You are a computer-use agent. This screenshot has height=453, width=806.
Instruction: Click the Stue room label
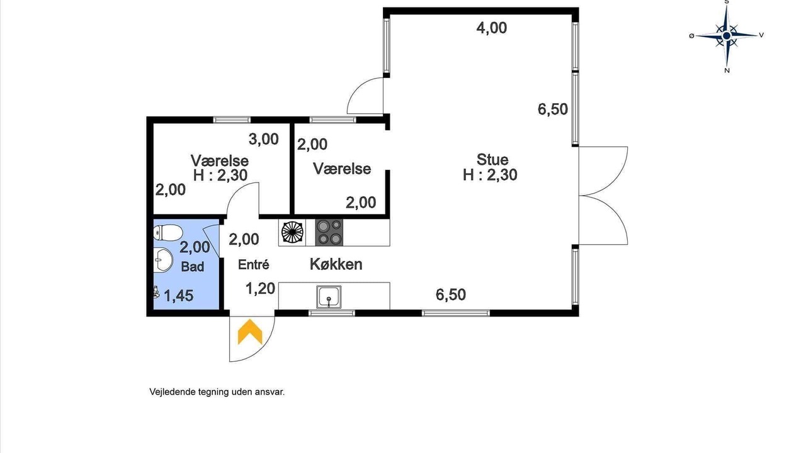click(492, 159)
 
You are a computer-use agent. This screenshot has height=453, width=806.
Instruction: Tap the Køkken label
click(336, 264)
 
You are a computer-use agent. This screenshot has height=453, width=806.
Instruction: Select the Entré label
click(254, 265)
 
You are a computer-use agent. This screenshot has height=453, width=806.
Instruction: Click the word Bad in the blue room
click(193, 266)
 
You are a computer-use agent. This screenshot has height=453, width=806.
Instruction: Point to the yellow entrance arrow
click(250, 332)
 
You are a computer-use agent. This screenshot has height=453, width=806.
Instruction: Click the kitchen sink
click(329, 297)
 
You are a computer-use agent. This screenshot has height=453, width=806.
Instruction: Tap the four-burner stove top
click(329, 233)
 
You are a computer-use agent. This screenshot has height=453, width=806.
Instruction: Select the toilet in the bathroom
click(167, 233)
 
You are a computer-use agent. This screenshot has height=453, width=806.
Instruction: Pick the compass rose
click(727, 36)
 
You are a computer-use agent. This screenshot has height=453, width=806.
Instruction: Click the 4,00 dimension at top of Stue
click(492, 28)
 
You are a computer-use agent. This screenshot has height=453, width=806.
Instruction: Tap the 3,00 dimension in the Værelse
click(264, 139)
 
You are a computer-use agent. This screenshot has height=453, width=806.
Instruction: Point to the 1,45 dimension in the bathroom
click(179, 296)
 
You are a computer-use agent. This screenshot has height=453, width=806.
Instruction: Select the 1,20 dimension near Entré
click(261, 288)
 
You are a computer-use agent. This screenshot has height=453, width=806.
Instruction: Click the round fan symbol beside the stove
click(292, 232)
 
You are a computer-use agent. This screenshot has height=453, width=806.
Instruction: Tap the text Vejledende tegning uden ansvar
click(217, 392)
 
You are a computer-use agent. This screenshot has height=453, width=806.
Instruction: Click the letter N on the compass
click(727, 71)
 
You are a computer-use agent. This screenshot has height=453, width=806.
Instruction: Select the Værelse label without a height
click(342, 169)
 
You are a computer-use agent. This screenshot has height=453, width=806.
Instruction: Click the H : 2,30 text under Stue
click(490, 175)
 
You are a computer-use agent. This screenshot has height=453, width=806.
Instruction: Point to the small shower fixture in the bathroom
click(156, 292)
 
